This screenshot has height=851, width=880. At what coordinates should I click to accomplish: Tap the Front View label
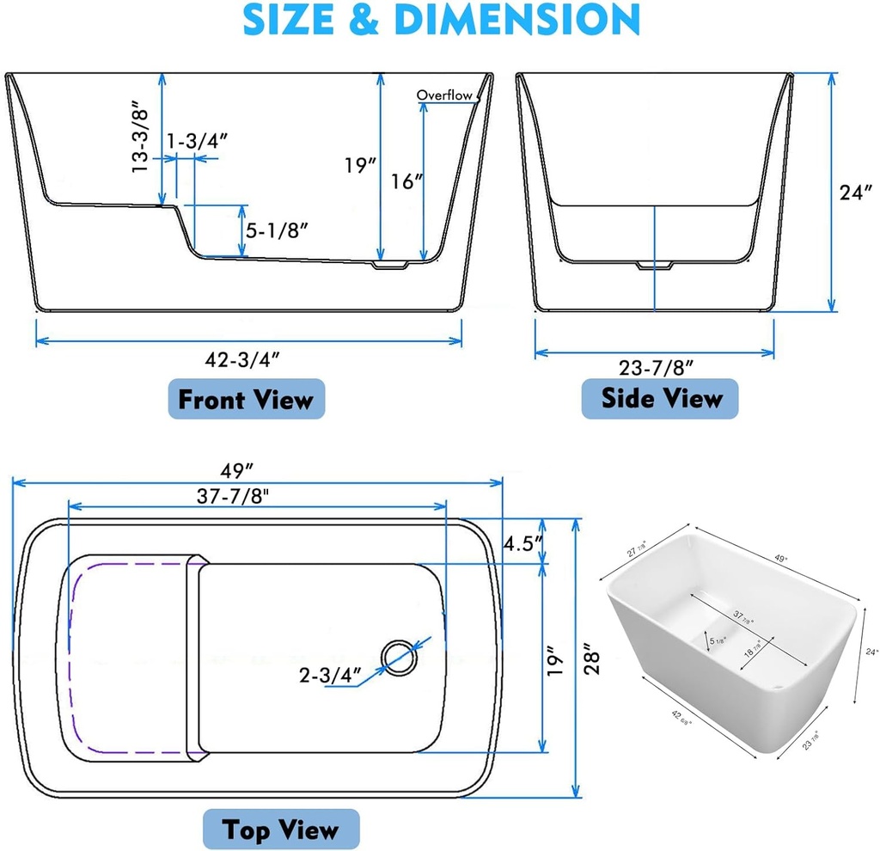tap(246, 400)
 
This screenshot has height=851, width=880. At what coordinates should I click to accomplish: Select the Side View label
tap(661, 398)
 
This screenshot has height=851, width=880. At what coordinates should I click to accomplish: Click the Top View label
tap(280, 830)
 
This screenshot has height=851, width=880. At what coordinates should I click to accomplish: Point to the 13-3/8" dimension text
tap(141, 139)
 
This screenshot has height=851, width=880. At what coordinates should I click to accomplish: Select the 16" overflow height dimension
tap(406, 181)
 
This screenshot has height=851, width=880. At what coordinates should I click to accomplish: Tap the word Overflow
tap(444, 95)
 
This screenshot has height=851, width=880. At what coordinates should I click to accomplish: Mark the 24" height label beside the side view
tap(856, 193)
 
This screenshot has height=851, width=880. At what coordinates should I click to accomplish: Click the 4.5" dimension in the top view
tap(522, 543)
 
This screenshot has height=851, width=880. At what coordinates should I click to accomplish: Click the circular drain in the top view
tap(399, 657)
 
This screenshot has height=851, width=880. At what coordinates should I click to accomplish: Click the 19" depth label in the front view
tap(356, 165)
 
